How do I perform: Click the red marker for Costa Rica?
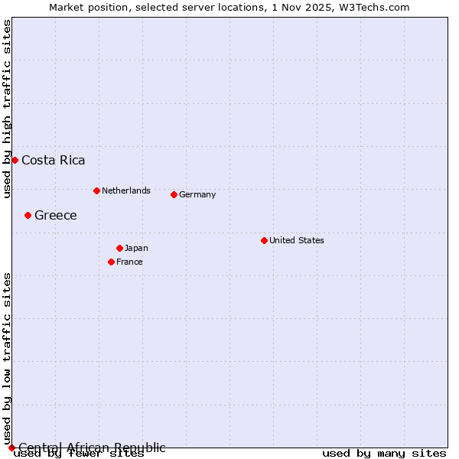point(15,160)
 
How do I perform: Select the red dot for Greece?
point(28,215)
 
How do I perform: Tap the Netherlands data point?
point(96,190)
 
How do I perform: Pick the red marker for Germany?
point(174,194)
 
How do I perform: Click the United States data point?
point(264,240)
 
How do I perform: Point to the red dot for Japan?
point(119,248)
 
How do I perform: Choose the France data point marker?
point(111,262)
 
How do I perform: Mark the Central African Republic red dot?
point(11,448)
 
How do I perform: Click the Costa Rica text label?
point(54,160)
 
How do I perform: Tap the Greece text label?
point(56,215)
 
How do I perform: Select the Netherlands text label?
point(126,190)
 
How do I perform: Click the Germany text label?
point(197,194)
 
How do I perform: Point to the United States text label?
point(297,240)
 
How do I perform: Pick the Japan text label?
point(136,248)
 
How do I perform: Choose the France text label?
point(129,262)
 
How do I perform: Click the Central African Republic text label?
point(92,448)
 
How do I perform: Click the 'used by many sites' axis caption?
point(384,453)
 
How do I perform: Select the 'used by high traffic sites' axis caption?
point(7,109)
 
